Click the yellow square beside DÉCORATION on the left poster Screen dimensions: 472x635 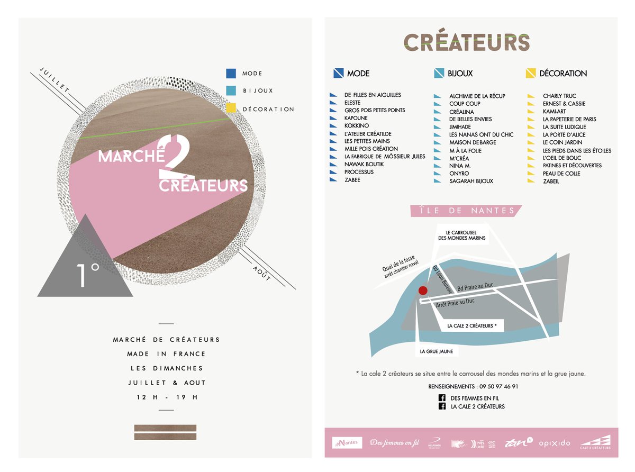230,108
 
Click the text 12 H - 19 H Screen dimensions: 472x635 166,397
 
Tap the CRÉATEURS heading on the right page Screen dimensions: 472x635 466,42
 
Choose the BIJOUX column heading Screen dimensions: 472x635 460,74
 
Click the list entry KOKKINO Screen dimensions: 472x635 356,126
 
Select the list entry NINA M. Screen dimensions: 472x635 459,166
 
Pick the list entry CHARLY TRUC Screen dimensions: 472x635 559,96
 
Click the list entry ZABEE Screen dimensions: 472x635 352,180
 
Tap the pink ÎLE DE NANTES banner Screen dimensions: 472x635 466,211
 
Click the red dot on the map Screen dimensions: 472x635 422,290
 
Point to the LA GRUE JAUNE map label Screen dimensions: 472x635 436,351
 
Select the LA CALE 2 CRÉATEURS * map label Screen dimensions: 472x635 471,326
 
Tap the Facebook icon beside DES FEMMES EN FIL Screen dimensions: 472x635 441,398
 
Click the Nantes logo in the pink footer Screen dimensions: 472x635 347,442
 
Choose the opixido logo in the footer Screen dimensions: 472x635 554,443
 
